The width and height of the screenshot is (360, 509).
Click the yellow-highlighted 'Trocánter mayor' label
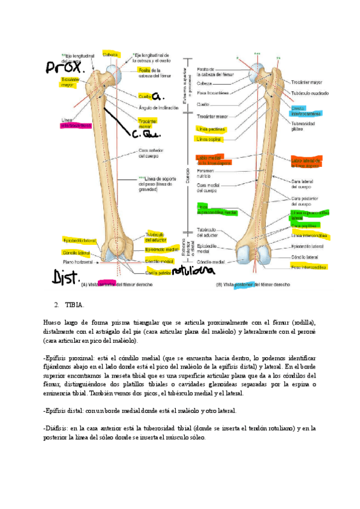click(x=70, y=82)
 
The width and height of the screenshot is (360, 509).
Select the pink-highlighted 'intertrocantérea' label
click(x=76, y=126)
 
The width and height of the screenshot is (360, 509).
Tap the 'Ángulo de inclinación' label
click(x=157, y=107)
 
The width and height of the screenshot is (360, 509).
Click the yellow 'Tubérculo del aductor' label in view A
click(x=154, y=237)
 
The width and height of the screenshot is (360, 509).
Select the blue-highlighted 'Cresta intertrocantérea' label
click(x=306, y=110)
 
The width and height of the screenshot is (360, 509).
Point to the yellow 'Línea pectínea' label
click(x=208, y=128)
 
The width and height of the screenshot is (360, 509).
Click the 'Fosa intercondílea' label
click(x=308, y=267)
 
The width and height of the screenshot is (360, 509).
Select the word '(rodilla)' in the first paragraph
click(x=303, y=322)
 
